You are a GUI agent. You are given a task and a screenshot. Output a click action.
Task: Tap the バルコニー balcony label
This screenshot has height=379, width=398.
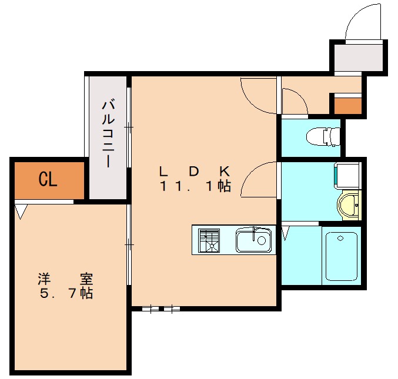(109, 134)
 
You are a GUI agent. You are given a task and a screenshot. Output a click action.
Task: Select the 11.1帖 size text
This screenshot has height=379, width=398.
(195, 186)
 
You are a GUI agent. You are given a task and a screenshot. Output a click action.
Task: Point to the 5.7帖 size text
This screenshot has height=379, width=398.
(66, 293)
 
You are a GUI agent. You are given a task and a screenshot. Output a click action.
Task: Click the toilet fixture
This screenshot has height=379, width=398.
(323, 136)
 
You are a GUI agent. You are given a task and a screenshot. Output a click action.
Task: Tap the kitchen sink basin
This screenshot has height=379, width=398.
(253, 240)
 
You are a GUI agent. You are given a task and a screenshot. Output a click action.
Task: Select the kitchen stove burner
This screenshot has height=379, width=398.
(209, 240)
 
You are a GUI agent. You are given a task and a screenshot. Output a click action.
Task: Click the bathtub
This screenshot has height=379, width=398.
(342, 256)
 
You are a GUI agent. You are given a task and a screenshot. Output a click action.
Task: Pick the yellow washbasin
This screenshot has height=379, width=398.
(349, 205)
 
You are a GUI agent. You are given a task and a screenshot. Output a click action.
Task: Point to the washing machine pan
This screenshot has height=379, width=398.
(347, 176)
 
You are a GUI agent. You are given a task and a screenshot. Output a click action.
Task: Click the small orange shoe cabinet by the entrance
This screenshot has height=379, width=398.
(347, 106)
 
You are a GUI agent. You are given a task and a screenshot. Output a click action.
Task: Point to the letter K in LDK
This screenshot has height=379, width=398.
(225, 172)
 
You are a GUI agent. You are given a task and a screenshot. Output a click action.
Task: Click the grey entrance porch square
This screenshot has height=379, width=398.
(358, 58)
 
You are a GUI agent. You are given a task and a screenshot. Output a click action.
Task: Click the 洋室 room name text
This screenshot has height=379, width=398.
(66, 279)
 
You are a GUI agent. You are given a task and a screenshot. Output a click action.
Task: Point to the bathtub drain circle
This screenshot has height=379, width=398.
(340, 238)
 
